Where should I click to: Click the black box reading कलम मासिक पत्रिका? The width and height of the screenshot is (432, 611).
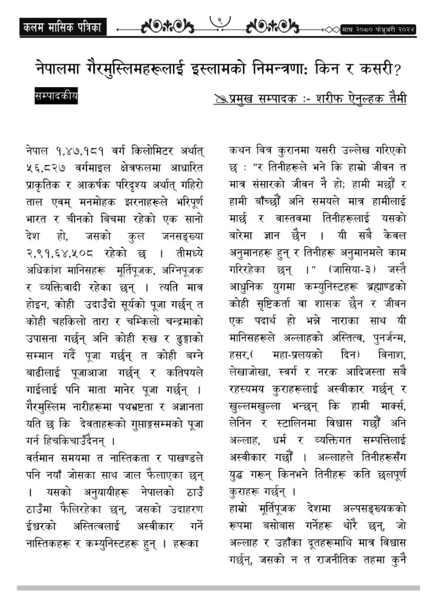tap(62, 27)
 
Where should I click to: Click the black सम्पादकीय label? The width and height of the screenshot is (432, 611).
tap(57, 96)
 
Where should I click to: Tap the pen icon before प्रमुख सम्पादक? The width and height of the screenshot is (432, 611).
tap(220, 98)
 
